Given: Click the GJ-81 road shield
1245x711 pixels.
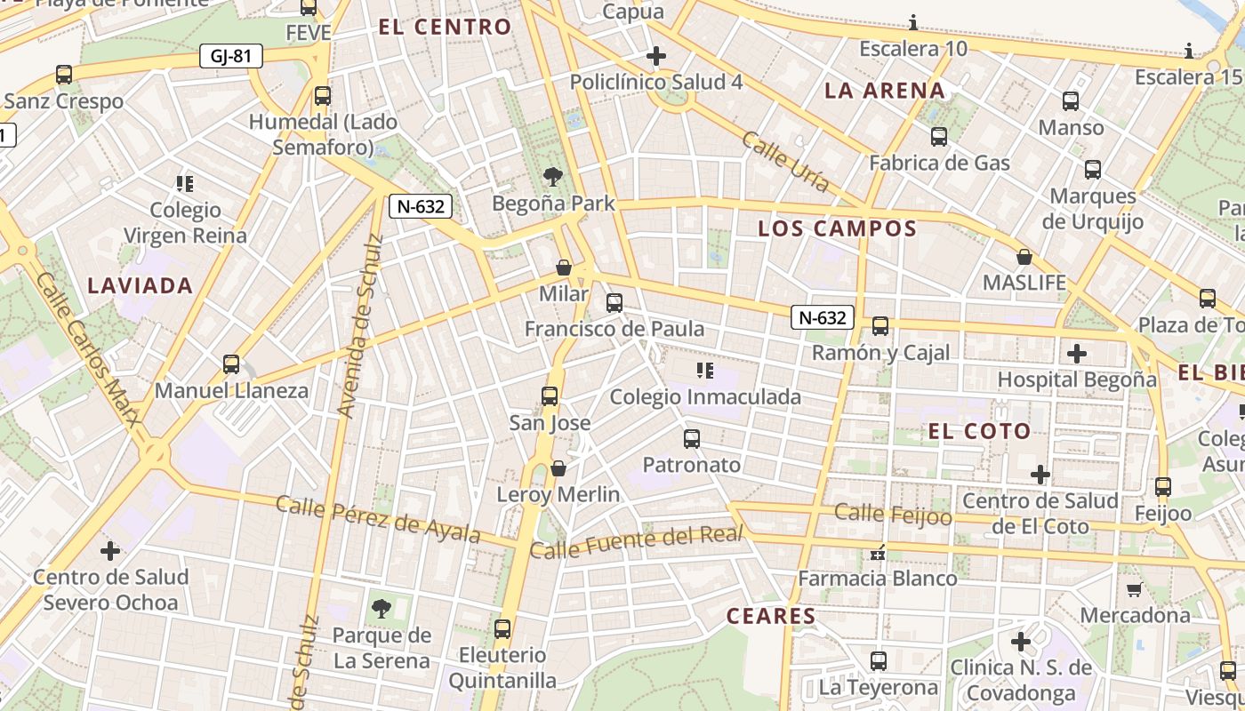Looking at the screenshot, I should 231,57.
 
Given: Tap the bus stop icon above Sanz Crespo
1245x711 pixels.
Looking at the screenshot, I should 64,74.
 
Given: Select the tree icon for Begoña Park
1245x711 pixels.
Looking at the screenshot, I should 553,176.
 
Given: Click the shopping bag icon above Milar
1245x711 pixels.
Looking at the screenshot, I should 563,267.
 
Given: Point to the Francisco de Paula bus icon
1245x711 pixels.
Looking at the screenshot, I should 614,302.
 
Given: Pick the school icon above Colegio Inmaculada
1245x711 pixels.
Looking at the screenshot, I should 705,370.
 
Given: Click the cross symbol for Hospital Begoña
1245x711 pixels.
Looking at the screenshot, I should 1077,354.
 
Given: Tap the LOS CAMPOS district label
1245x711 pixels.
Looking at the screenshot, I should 837,228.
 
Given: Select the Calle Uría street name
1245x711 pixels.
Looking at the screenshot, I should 785,162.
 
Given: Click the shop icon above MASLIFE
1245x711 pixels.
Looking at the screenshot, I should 1024,257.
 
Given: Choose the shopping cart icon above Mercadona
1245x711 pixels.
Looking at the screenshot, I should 1134,588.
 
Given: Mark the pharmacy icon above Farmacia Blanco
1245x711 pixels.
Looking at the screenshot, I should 878,553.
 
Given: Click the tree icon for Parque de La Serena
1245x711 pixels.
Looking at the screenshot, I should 382,609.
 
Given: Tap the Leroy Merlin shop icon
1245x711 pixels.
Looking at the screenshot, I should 558,467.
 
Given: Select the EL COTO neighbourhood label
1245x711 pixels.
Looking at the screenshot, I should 979,432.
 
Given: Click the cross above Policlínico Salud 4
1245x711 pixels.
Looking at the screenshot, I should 656,56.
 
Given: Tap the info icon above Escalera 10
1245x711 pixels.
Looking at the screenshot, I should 913,22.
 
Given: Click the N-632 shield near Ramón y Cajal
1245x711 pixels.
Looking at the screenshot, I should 823,317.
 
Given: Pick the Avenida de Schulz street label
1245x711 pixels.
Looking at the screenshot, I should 359,326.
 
